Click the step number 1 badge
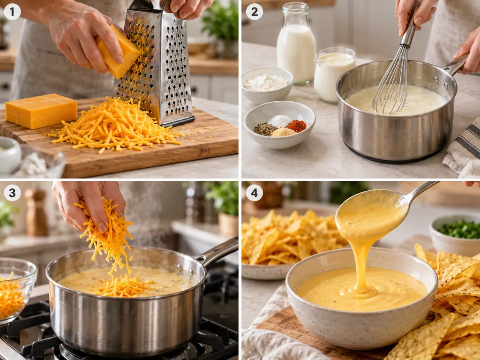click(12, 12)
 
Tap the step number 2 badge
click(255, 12)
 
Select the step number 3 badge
click(12, 193)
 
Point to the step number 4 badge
click(255, 193)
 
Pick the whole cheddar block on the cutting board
click(41, 111)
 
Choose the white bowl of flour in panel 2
click(267, 85)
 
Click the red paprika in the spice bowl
click(296, 126)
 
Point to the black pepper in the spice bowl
click(265, 129)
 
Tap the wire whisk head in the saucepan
click(392, 82)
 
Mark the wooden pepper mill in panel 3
click(36, 211)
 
